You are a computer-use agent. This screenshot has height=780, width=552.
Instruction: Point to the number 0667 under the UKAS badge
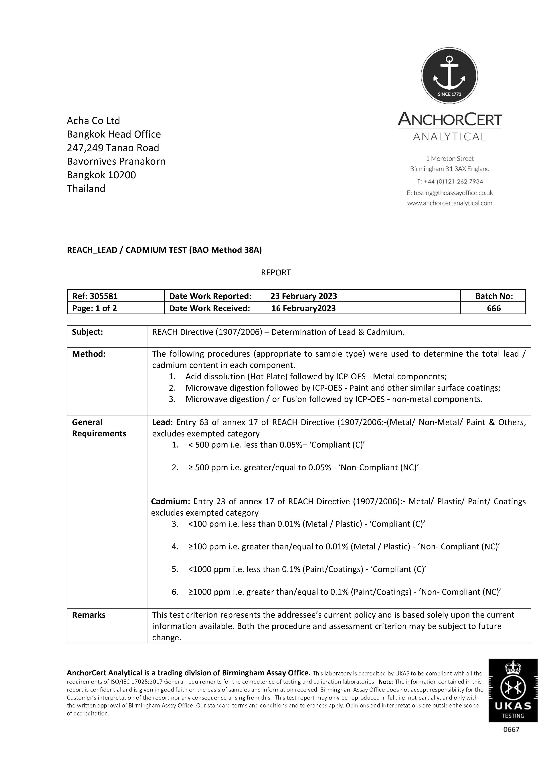click(511, 729)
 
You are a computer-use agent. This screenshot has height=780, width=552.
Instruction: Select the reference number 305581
click(104, 296)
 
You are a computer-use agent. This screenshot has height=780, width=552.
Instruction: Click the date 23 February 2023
click(303, 296)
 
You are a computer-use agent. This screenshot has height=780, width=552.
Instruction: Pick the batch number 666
click(493, 308)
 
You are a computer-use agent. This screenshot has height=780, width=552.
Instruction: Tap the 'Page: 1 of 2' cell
click(95, 308)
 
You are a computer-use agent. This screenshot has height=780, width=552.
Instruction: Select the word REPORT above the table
click(276, 272)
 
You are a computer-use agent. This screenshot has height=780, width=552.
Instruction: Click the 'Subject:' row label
click(87, 332)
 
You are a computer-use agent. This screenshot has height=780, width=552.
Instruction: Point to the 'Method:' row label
click(89, 354)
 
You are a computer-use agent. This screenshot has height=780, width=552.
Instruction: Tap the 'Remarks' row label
click(89, 615)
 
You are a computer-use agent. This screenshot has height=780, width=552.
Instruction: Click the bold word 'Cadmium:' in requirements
click(170, 501)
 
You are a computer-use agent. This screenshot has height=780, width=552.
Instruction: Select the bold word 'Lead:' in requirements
click(162, 422)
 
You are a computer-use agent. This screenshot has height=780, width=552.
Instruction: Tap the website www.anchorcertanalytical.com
click(449, 203)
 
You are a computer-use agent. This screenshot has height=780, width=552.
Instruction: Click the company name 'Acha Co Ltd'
click(93, 121)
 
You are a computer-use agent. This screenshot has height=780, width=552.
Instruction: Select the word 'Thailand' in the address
click(86, 189)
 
